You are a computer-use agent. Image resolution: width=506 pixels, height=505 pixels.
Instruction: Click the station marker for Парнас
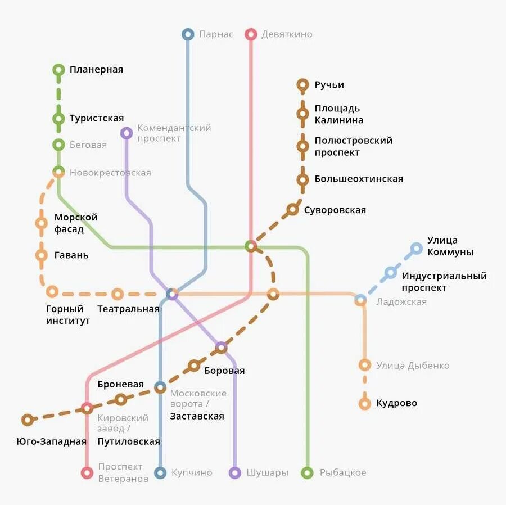(188, 34)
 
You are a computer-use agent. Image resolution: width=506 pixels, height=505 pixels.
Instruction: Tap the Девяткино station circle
(251, 34)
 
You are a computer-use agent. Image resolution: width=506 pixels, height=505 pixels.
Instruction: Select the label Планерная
(96, 70)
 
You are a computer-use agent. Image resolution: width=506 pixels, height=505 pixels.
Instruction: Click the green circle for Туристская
(58, 119)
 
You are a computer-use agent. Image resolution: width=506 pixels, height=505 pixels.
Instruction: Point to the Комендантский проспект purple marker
(126, 133)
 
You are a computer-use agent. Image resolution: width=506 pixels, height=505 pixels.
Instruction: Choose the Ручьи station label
(329, 85)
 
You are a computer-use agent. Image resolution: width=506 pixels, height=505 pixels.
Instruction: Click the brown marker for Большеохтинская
(302, 180)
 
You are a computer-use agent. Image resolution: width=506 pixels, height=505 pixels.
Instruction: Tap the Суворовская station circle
(292, 210)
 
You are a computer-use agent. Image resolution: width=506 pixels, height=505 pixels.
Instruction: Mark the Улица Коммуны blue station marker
(416, 248)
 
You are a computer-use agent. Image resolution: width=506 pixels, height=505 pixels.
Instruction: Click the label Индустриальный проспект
(444, 282)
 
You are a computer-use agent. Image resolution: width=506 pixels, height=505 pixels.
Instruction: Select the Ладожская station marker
(360, 300)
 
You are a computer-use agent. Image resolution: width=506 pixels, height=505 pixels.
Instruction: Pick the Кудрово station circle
(365, 403)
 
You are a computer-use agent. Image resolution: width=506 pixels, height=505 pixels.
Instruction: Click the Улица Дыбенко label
(413, 366)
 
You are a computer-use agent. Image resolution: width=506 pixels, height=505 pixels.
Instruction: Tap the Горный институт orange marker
(52, 291)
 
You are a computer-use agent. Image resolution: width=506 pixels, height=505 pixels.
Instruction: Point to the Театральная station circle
(117, 294)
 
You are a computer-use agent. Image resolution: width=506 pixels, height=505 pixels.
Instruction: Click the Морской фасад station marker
(41, 223)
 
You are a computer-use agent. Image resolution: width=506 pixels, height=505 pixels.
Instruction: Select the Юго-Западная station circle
(27, 420)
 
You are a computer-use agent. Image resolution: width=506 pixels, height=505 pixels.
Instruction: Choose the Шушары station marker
(235, 473)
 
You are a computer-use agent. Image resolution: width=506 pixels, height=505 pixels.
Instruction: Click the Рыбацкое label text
(342, 472)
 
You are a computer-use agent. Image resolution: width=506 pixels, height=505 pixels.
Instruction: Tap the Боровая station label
(224, 371)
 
